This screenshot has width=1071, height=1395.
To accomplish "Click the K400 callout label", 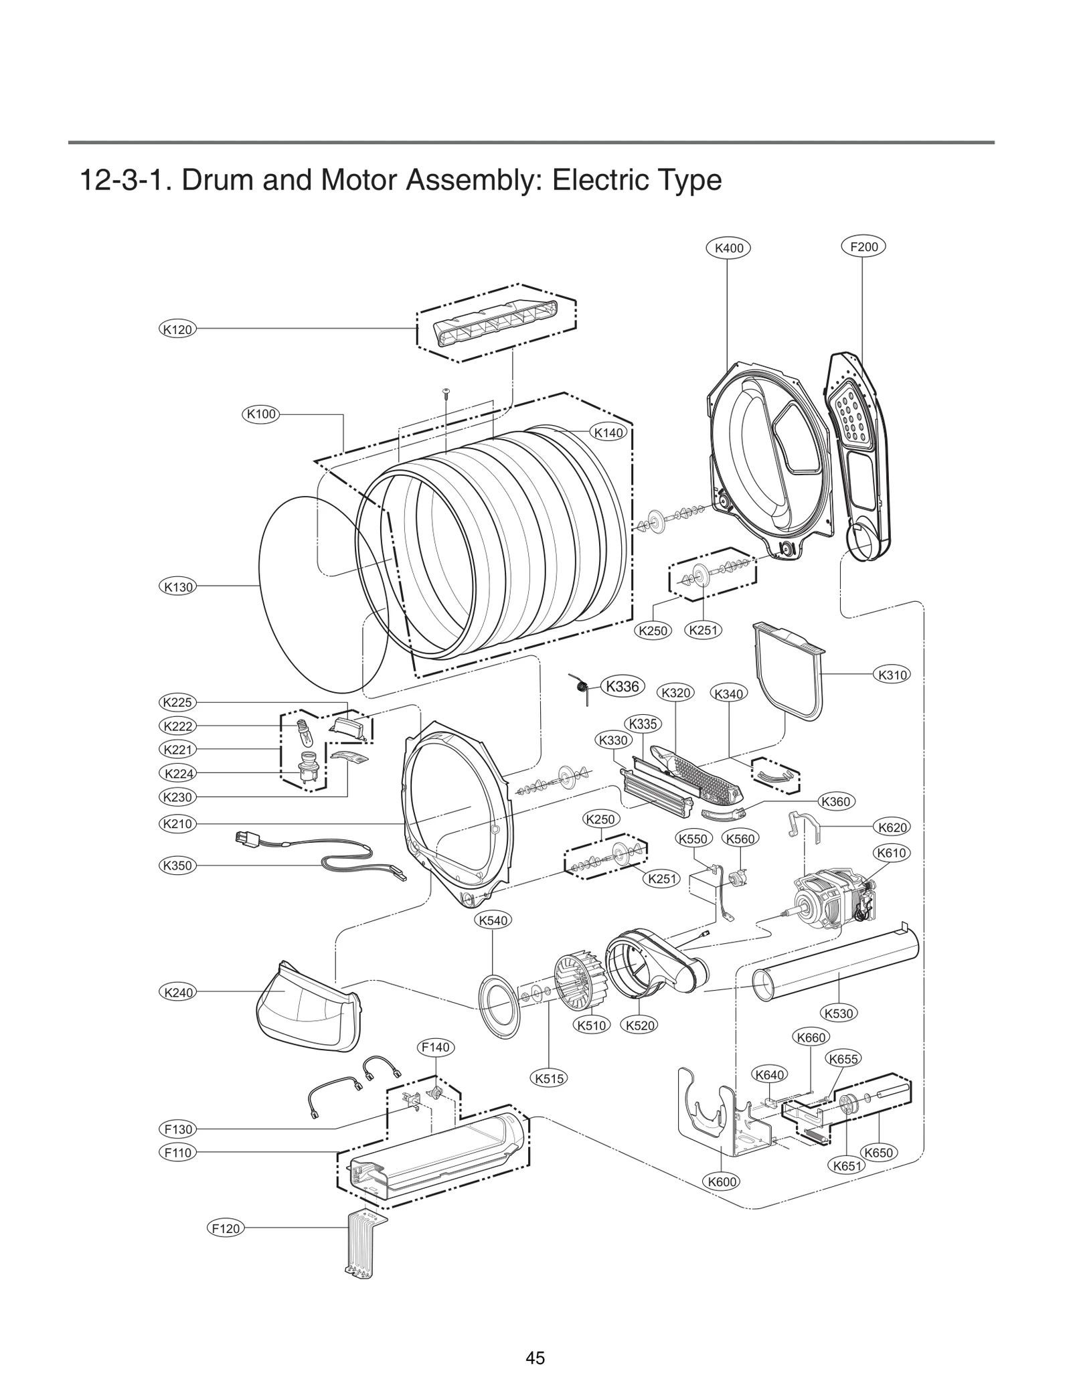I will (x=728, y=248).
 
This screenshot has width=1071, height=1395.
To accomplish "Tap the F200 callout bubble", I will (x=863, y=247).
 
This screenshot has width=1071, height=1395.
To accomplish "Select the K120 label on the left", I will (x=177, y=329).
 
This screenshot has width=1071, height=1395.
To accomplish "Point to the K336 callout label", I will (x=623, y=686).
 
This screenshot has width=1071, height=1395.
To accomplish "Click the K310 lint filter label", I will (x=892, y=675).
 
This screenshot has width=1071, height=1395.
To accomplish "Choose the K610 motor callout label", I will (x=892, y=853).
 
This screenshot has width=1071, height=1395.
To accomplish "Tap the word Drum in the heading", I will (x=218, y=181).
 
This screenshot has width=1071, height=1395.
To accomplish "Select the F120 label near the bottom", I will (x=226, y=1228).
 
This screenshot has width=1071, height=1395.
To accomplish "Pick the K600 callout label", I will (x=722, y=1181).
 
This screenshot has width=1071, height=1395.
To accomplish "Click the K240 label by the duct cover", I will (x=178, y=992).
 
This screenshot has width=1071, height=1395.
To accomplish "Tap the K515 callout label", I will (x=550, y=1078).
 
